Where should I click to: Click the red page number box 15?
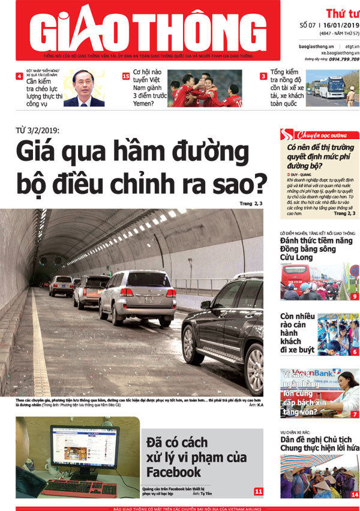point(126,76)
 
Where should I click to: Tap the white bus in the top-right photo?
point(331,87)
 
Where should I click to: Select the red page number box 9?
point(355,296)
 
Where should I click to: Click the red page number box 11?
point(258,492)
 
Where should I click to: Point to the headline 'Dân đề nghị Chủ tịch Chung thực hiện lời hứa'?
point(319,443)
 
